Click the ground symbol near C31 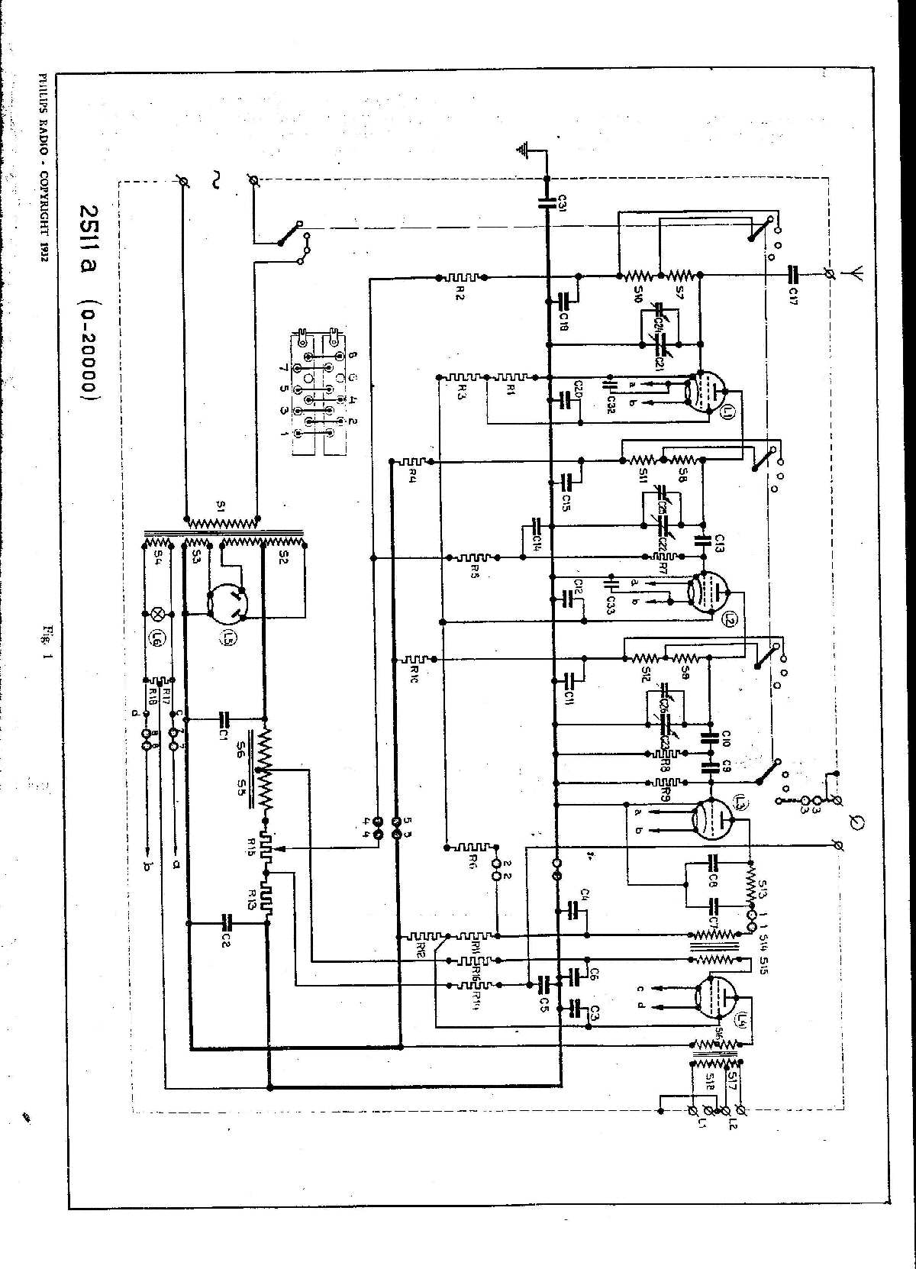[524, 150]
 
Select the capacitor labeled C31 [548, 203]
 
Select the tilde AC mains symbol [214, 181]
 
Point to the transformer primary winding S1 [223, 523]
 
